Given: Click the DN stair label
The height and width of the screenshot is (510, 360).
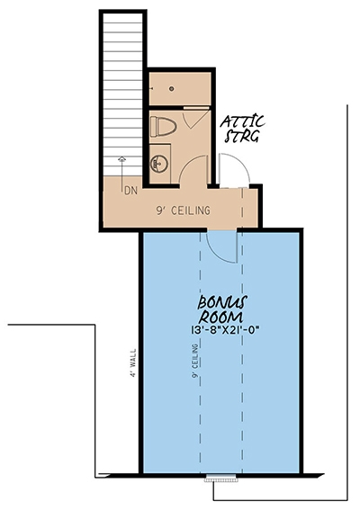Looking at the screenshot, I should tap(130, 190).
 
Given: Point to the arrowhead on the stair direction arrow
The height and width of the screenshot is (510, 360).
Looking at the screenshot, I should tap(122, 158).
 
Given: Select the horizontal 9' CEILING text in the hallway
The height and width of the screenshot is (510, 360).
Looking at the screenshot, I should tap(184, 211).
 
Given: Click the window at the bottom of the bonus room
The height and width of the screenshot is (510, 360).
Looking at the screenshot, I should tap(223, 478).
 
